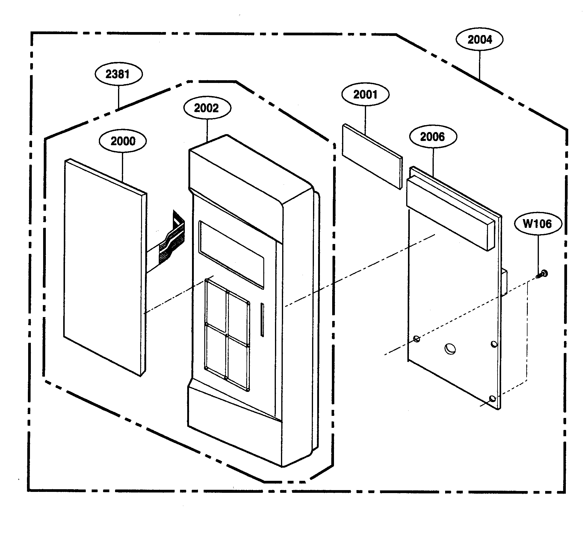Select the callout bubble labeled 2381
coord(118,74)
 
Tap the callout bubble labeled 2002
coord(207,108)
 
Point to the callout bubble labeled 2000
coord(123,141)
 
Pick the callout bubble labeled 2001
coord(365,95)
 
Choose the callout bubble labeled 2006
coord(433,137)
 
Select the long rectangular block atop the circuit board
coord(449,214)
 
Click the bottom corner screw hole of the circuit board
coord(492,399)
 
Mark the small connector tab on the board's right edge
coord(504,281)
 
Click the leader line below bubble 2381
coord(119,97)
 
